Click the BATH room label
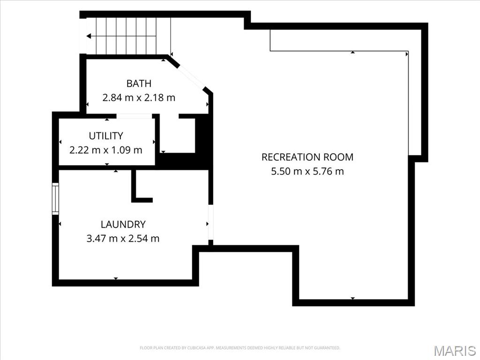click(139, 83)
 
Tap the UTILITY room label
click(106, 135)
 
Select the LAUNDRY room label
click(123, 225)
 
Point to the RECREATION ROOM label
click(307, 157)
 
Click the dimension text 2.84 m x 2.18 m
click(139, 97)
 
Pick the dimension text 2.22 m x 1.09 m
click(106, 150)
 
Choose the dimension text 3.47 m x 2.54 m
click(123, 239)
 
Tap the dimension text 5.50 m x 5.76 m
click(307, 171)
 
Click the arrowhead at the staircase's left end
click(89, 36)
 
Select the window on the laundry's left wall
click(55, 199)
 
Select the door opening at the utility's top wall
click(135, 116)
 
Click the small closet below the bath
click(178, 135)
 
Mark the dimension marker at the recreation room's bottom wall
click(352, 298)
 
